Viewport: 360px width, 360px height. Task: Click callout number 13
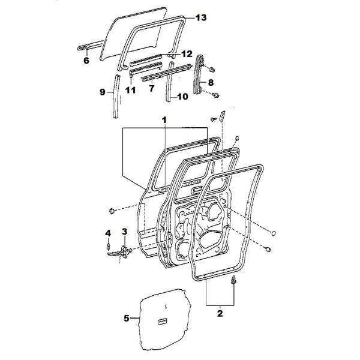[x=201, y=17]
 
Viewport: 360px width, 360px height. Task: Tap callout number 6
[x=86, y=61]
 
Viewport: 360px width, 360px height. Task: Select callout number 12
[x=187, y=54]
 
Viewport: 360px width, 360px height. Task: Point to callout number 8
[x=211, y=82]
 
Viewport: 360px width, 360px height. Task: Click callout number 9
[x=103, y=92]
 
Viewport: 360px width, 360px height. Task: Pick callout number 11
[x=130, y=90]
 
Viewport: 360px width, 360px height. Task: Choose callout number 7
[x=151, y=88]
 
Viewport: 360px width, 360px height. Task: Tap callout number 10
[x=182, y=97]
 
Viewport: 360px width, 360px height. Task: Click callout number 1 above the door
[x=164, y=120]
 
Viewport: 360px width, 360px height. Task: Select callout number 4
[x=108, y=233]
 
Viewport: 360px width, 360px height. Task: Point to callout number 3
[x=124, y=232]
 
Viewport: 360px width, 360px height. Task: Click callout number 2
[x=220, y=313]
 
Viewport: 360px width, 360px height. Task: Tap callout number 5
[x=127, y=319]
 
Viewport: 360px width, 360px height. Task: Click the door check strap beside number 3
[x=120, y=253]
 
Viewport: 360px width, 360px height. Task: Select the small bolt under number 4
[x=108, y=247]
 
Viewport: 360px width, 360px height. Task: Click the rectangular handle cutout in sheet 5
[x=162, y=322]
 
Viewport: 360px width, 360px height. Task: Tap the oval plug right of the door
[x=274, y=233]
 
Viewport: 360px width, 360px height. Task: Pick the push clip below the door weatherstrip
[x=233, y=280]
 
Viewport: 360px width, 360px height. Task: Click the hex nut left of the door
[x=112, y=211]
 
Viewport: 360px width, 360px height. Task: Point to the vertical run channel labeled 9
[x=116, y=97]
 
